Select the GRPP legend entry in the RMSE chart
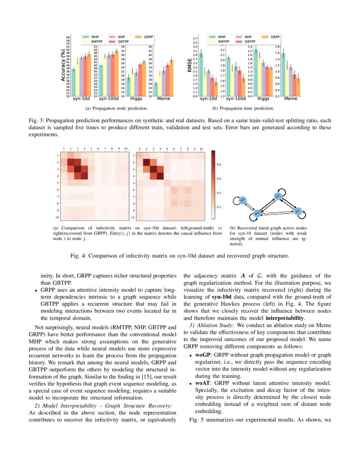pyautogui.click(x=275, y=37)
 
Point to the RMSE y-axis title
pyautogui.click(x=190, y=66)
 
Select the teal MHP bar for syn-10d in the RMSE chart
pyautogui.click(x=201, y=75)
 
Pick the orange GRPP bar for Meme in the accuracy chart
pyautogui.click(x=171, y=78)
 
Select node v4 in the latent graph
pyautogui.click(x=298, y=210)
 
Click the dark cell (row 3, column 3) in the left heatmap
pyautogui.click(x=78, y=169)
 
